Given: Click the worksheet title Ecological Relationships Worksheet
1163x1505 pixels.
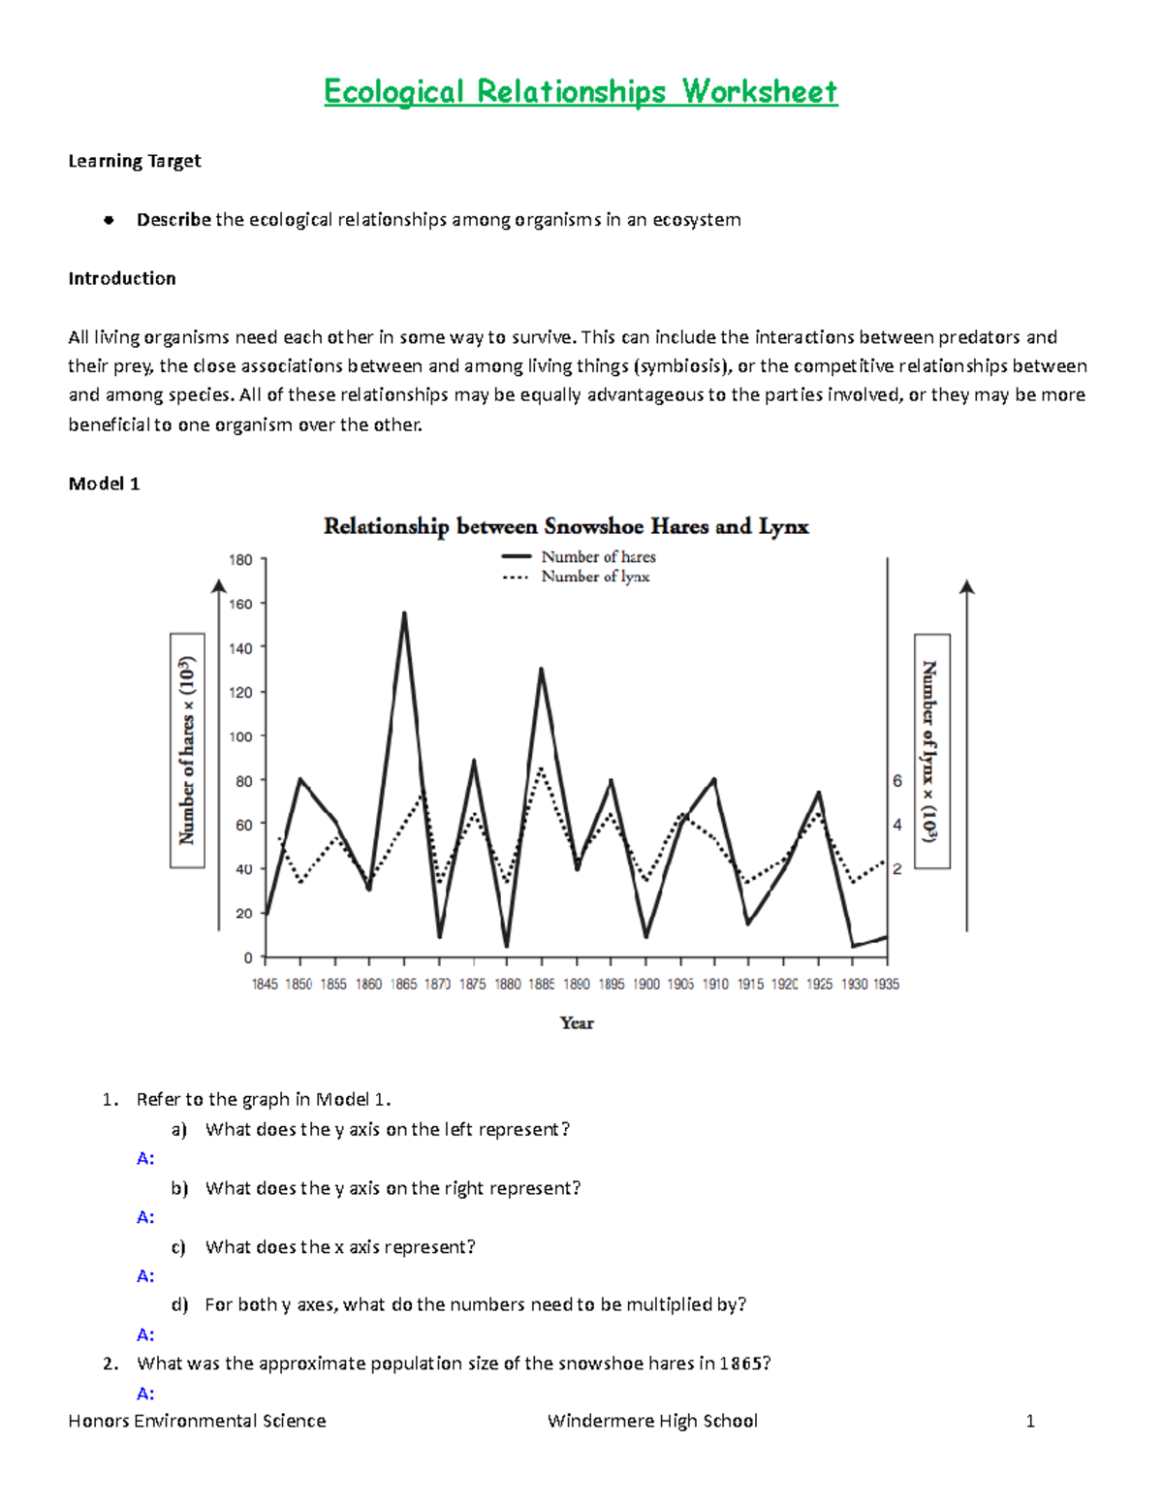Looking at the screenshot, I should pos(581,92).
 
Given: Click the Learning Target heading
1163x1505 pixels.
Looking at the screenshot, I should pos(135,161).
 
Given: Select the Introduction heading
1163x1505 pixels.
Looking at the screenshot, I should pos(122,278).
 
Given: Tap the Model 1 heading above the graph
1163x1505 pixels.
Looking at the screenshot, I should pos(104,484).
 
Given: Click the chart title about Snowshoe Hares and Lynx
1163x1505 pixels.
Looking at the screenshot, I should pos(566,526).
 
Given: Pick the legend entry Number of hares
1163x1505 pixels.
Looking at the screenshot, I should pos(598,556).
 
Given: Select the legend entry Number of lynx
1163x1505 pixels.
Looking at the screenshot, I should pos(595,577).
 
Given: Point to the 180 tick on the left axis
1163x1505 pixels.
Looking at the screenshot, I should pos(240,560).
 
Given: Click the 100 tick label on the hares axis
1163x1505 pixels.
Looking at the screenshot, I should pos(240,737).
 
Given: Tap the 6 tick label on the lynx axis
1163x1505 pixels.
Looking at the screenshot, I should pos(897,780).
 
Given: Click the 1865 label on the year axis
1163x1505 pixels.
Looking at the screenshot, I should pos(403,984).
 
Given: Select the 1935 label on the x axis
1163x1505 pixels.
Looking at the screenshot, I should pos(886,984).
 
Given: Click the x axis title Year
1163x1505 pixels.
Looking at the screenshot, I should pos(577,1022).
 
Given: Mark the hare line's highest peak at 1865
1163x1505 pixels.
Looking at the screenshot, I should pos(404,612).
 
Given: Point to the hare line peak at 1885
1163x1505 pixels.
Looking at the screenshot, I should pos(541,669).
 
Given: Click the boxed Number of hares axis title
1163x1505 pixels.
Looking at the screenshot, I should pos(187,751).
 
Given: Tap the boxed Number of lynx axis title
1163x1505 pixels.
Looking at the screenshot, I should pos(931,751).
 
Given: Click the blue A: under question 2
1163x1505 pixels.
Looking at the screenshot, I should pos(145,1394).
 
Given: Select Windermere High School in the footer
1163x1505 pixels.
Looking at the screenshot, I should pos(652,1421).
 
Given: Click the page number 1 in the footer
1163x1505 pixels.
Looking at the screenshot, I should pos(1030,1421).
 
